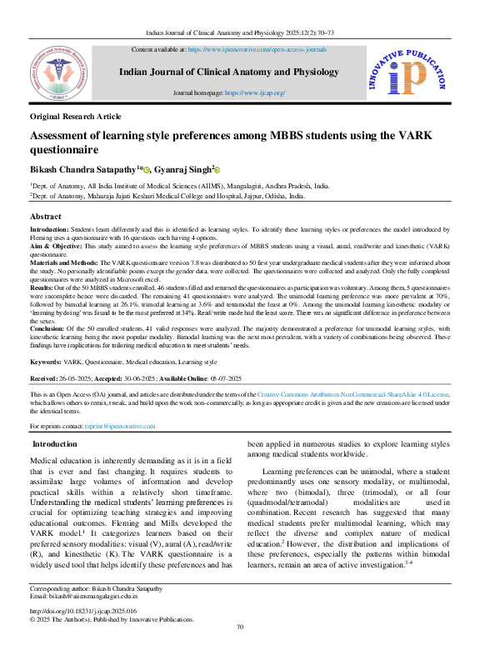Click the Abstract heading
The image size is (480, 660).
click(x=46, y=216)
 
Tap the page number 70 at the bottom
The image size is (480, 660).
click(x=240, y=651)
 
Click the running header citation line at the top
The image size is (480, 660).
click(x=240, y=29)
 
